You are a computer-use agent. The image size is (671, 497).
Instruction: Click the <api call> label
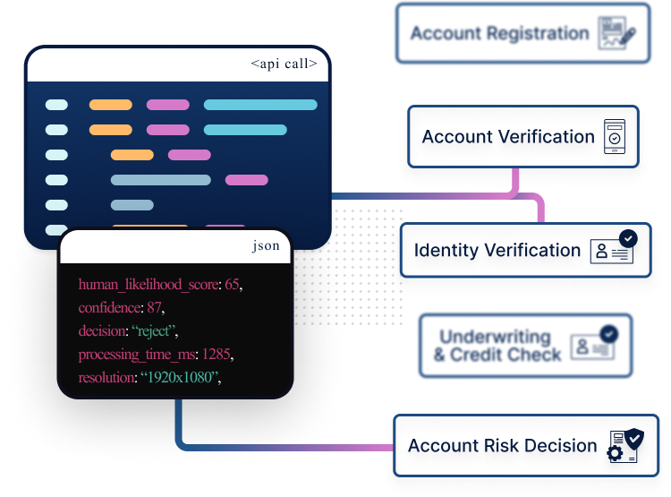tap(284, 64)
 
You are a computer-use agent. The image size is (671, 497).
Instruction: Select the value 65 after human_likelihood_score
tap(232, 285)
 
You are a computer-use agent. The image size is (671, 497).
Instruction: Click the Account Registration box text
tap(499, 34)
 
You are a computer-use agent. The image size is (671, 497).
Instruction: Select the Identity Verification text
tap(497, 252)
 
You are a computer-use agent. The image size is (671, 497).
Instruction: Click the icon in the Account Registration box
tap(617, 32)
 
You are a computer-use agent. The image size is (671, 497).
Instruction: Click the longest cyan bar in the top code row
tap(260, 105)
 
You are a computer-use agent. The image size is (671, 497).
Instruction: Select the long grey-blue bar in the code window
tap(160, 180)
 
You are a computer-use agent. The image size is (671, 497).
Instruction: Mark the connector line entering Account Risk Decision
tap(358, 446)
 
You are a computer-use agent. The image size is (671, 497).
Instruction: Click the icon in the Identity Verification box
tap(616, 247)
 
